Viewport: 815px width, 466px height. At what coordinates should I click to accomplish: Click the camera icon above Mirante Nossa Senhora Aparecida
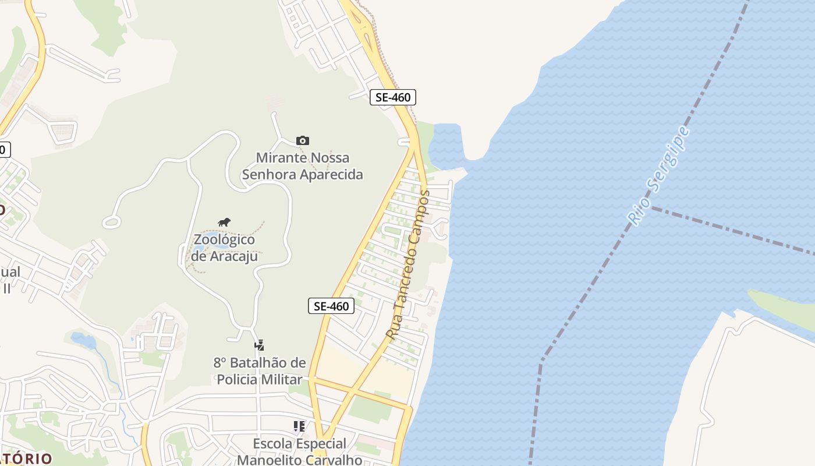click(303, 140)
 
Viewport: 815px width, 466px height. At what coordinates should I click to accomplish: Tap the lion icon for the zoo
click(224, 222)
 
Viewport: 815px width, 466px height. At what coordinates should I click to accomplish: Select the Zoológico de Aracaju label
click(224, 248)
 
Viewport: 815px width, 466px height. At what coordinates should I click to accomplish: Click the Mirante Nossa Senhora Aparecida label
click(303, 166)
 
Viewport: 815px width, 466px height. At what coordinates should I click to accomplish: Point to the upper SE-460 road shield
click(393, 97)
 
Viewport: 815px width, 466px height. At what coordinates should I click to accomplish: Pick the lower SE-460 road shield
click(331, 306)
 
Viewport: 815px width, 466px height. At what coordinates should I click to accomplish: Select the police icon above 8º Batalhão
click(259, 345)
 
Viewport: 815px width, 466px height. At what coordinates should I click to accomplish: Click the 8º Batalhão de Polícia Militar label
click(260, 371)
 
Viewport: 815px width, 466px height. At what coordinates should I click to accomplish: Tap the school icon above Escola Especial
click(299, 426)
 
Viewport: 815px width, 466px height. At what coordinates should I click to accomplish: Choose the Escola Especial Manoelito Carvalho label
click(299, 451)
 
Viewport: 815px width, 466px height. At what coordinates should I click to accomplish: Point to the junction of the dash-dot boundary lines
click(651, 207)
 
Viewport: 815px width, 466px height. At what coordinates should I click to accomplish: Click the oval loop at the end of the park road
click(111, 222)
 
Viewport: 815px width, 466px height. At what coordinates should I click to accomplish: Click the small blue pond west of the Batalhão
click(83, 340)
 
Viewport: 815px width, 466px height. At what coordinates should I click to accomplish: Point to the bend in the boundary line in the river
click(542, 359)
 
